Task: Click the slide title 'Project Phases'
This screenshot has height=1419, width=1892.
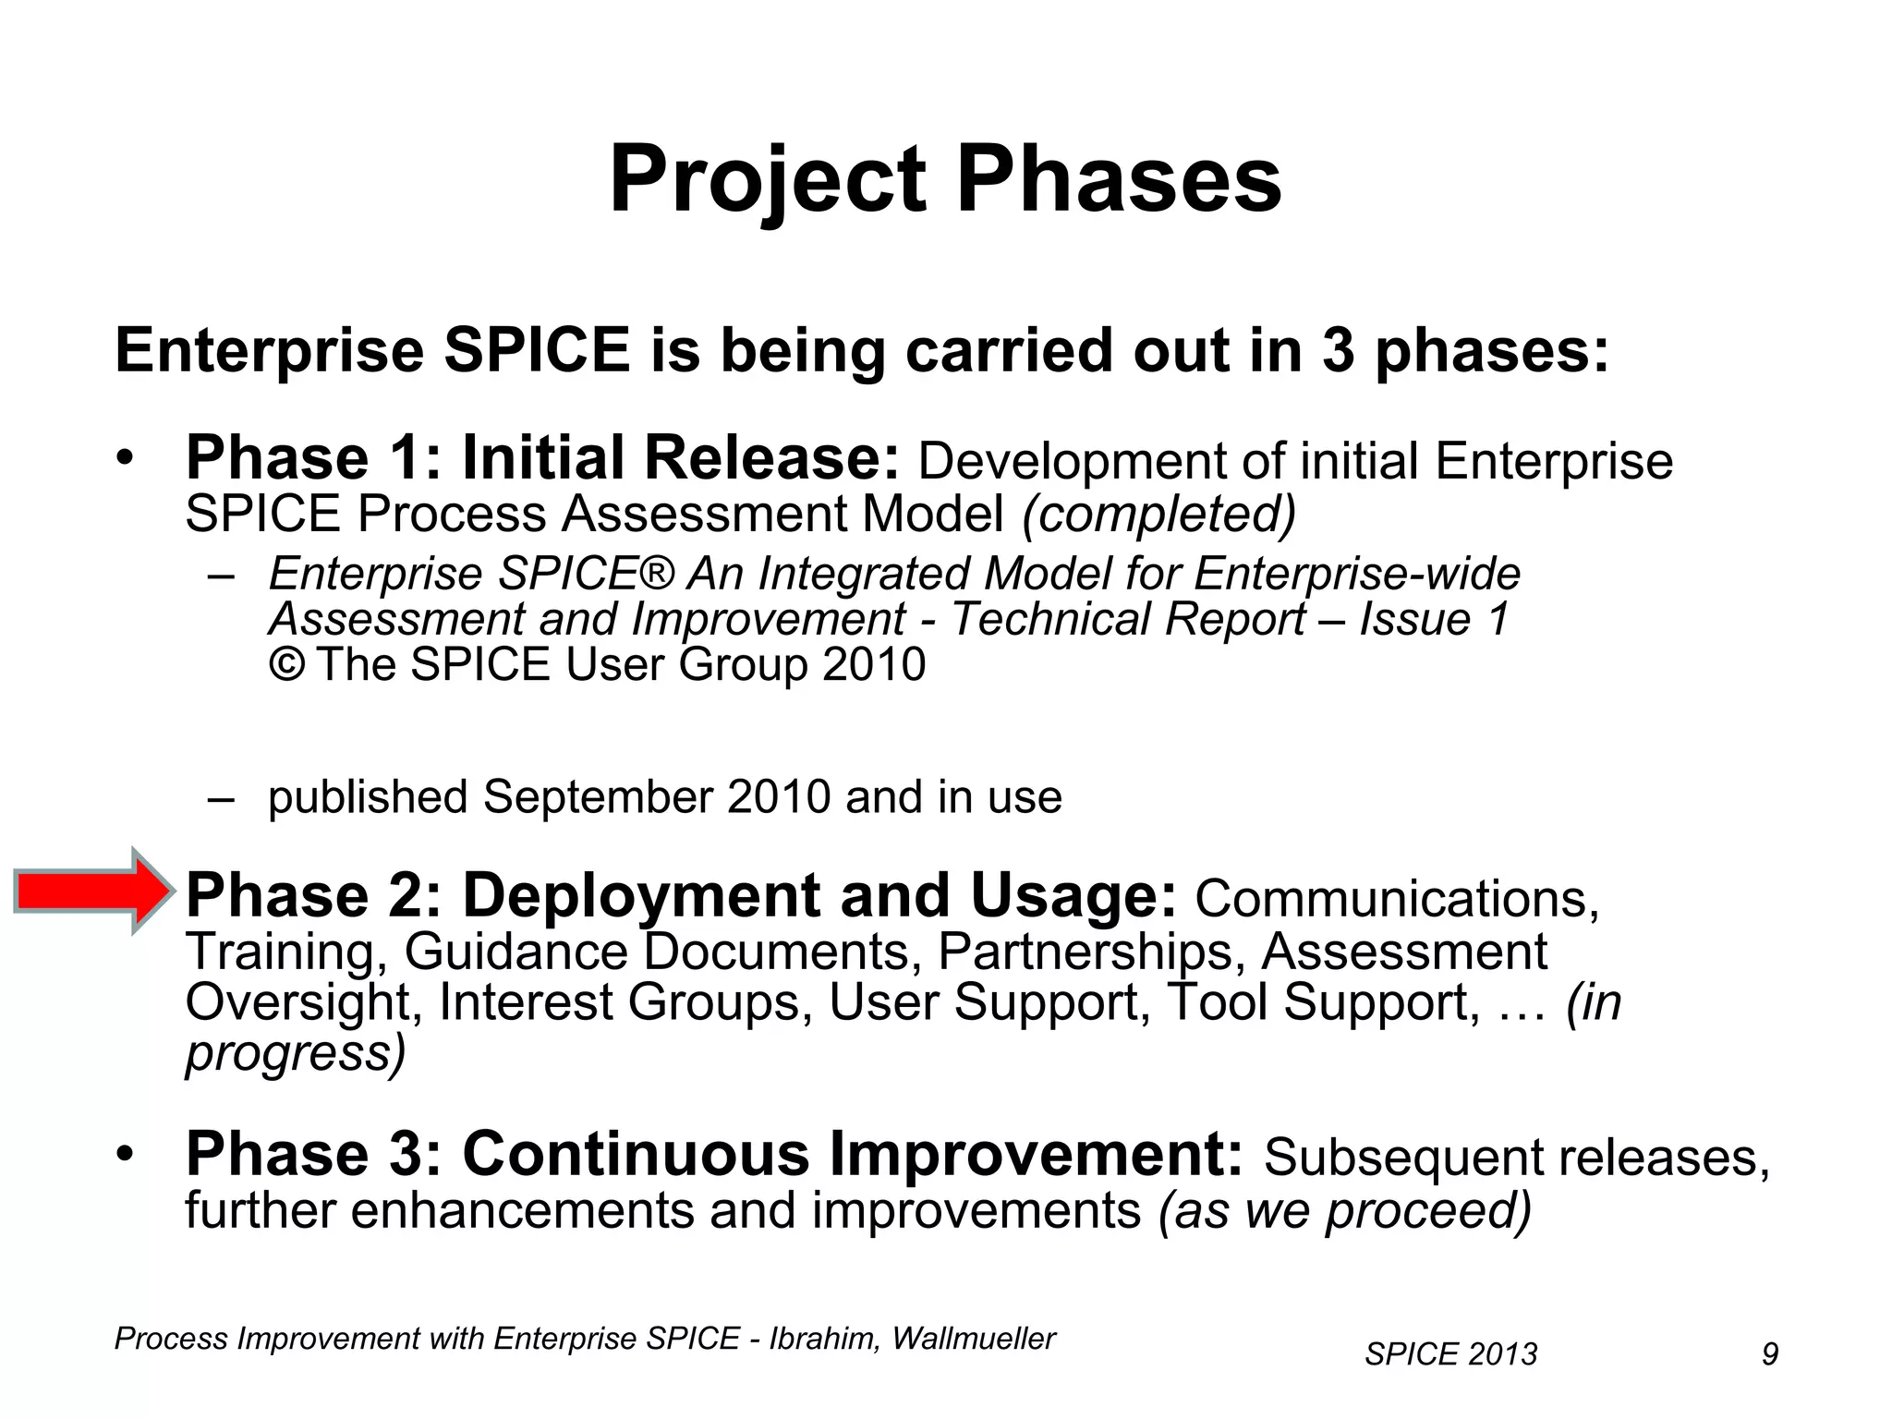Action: (x=945, y=179)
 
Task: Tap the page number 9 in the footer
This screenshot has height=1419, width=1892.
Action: (x=1769, y=1354)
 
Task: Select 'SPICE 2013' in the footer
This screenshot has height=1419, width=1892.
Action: (x=1450, y=1354)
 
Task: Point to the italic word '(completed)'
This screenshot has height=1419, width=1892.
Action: (x=1158, y=515)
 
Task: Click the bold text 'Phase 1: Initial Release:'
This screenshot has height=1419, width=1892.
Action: (x=542, y=458)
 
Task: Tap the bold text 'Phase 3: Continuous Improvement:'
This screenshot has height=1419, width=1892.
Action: (x=714, y=1155)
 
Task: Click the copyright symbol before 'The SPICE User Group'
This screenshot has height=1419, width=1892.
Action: (x=286, y=665)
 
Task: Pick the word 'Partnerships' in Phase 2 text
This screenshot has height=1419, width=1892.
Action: (x=1086, y=952)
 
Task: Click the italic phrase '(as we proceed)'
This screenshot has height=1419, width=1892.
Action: (x=1344, y=1210)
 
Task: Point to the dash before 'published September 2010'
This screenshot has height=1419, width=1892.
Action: (x=221, y=798)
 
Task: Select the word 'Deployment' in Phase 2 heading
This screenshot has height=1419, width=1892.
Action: (x=640, y=896)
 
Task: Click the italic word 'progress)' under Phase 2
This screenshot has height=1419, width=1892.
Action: (x=296, y=1053)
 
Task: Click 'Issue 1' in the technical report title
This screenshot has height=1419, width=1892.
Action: (x=1435, y=619)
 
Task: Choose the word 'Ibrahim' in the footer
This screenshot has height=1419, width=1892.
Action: (x=825, y=1339)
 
